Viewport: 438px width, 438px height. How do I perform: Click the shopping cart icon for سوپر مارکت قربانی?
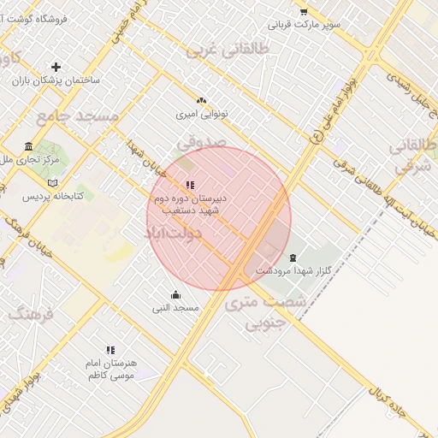point(303,11)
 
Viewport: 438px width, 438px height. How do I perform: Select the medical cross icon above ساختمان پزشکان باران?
point(56,67)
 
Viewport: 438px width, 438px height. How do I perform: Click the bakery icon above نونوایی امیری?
point(201,101)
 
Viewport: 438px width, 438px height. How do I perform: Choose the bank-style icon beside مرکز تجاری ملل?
point(29,146)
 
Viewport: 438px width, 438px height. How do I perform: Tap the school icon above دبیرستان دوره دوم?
point(190,185)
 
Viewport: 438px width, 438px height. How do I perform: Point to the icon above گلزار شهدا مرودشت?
point(293,257)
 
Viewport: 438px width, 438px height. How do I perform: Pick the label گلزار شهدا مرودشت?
point(293,270)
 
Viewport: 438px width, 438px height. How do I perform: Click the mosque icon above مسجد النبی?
point(176,295)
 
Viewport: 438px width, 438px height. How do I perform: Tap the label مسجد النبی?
point(176,307)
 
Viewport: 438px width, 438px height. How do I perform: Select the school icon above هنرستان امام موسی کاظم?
point(110,350)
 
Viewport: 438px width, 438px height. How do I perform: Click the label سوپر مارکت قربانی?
point(305,24)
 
